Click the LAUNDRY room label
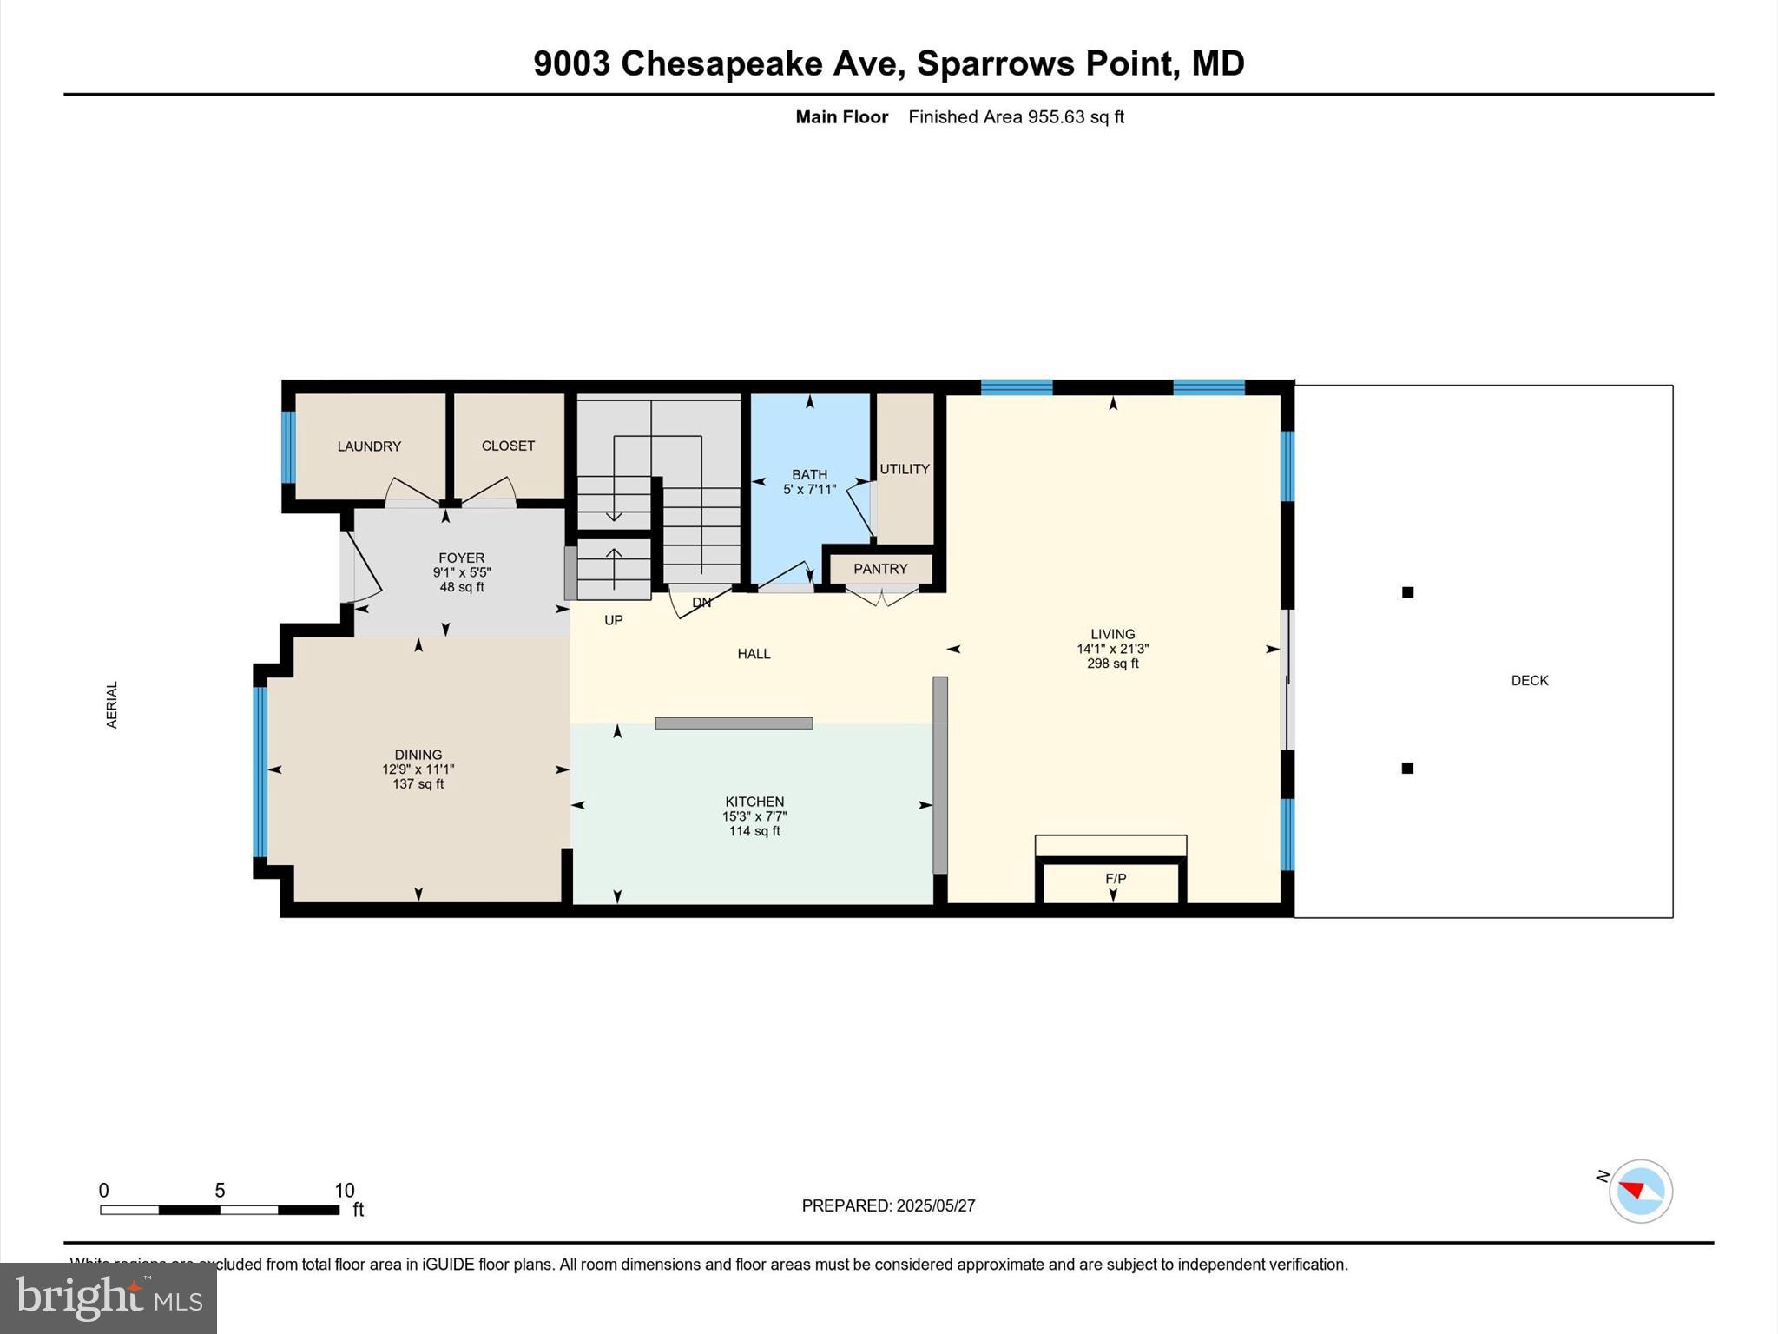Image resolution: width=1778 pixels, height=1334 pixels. coord(369,446)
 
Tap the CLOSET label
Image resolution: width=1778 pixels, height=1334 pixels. coord(508,446)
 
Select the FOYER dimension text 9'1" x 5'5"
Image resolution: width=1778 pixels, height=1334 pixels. coord(462,572)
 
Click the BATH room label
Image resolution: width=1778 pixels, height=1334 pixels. coord(809,474)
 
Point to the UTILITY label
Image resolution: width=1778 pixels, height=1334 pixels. coord(905,469)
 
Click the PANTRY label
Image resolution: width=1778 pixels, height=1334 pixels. coord(880,569)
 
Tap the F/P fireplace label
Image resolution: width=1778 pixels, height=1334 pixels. coord(1116,879)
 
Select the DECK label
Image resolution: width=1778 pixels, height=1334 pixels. coord(1530,681)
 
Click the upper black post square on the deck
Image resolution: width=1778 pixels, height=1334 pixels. coord(1408,592)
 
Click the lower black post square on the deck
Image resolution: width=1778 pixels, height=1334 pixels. coord(1408,768)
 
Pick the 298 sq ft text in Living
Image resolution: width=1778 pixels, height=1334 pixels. coord(1113,664)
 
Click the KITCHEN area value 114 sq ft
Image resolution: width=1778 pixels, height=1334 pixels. coord(754,831)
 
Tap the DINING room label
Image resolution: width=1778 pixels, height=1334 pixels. coord(418,755)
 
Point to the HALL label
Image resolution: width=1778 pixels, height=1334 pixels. coord(754,654)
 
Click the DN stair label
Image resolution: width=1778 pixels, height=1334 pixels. coord(701,603)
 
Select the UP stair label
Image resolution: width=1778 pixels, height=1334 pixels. coord(614,620)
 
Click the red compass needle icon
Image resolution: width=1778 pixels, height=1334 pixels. coord(1633,1189)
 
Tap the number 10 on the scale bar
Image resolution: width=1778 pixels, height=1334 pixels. coord(345,1191)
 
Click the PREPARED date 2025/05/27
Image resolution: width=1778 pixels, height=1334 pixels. coord(936,1205)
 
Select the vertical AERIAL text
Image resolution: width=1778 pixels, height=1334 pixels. coord(112,704)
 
